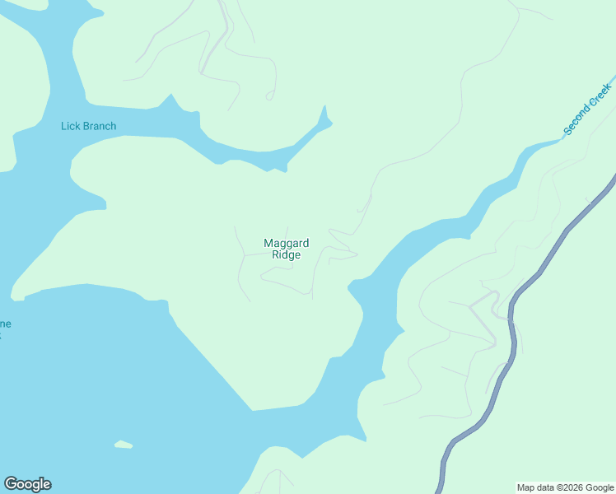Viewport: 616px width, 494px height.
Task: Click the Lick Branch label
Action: click(88, 126)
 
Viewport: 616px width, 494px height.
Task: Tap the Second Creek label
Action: click(587, 109)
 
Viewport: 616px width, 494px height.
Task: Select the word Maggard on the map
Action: click(286, 243)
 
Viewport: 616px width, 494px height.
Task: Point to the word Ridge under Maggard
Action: click(286, 255)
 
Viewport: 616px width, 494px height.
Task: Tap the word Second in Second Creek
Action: click(578, 119)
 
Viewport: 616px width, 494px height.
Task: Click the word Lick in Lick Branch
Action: click(70, 126)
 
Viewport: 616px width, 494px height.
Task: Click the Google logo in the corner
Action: click(27, 484)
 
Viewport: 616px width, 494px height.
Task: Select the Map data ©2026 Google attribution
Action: click(565, 487)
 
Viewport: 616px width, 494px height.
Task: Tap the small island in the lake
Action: click(123, 445)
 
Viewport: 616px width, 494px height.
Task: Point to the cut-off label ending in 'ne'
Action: click(5, 324)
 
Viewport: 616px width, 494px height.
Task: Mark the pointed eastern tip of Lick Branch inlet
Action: click(325, 115)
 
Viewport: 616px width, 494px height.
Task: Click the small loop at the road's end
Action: click(269, 96)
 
